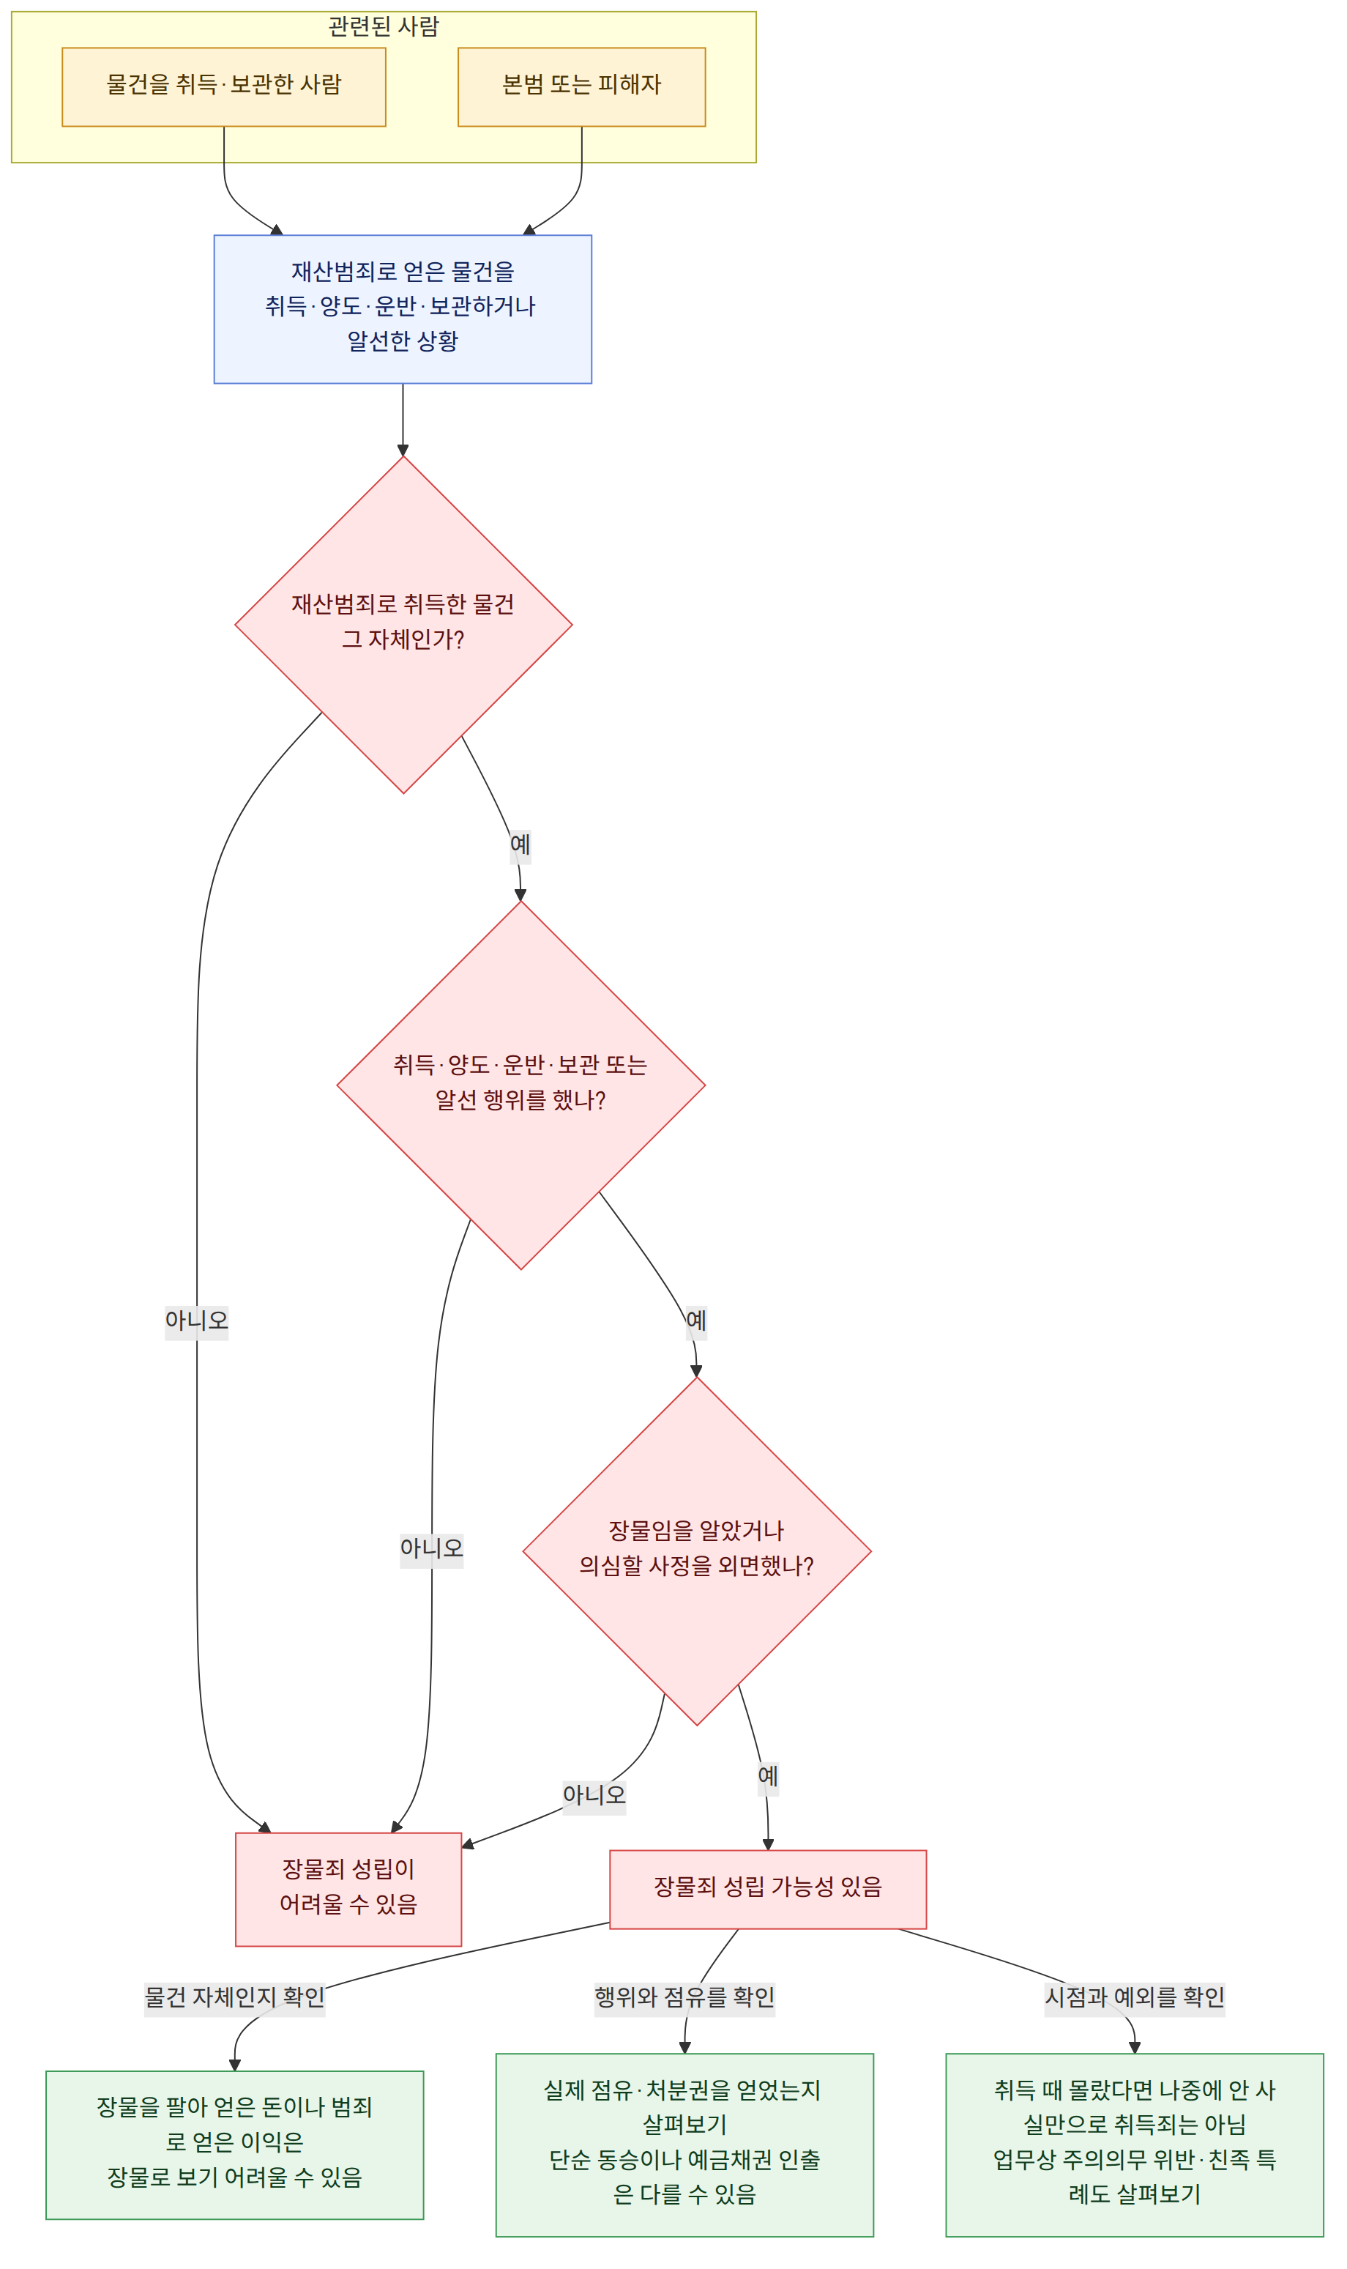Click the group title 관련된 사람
point(383,26)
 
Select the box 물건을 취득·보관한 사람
point(223,87)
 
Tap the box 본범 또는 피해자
point(581,87)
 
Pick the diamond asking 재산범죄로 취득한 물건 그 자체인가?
point(403,625)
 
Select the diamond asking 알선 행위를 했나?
point(521,1085)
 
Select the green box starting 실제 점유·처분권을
point(684,2144)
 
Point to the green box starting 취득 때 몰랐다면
point(1135,2144)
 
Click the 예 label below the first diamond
point(520,844)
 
